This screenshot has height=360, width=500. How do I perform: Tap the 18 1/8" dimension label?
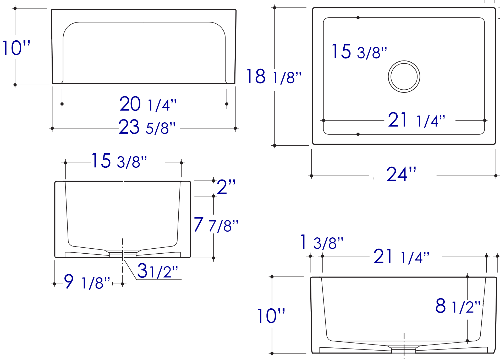pos(274,77)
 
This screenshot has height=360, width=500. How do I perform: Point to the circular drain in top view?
pos(404,77)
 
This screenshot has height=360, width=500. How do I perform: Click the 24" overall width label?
pos(401,174)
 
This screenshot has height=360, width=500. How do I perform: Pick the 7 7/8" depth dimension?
pos(216,225)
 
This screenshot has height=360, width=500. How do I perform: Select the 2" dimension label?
pos(226,187)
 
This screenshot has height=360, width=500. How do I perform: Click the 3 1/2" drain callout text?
pos(157,271)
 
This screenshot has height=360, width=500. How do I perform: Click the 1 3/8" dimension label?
pos(322,243)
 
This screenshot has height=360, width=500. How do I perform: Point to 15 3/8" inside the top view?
pos(359,52)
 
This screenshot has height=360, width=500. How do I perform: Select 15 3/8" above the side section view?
pos(119,161)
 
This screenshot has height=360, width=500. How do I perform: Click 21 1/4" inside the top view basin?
pos(416,120)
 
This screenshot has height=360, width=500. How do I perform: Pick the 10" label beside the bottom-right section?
pos(271,316)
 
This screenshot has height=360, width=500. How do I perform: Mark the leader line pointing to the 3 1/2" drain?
pos(130,270)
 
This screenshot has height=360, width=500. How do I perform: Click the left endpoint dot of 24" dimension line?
pos(311,176)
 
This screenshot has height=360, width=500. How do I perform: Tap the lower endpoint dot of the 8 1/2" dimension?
pos(467,341)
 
